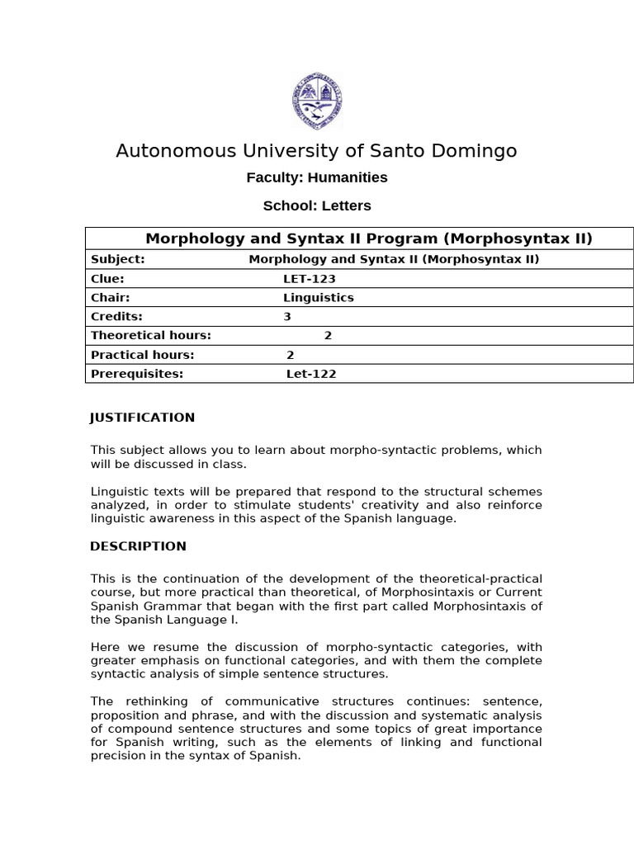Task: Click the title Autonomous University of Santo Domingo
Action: [316, 151]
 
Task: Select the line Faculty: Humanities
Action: [317, 177]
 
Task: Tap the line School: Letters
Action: [317, 205]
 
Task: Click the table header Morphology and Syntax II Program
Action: [369, 239]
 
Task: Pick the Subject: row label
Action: [117, 259]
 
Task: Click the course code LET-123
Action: [309, 279]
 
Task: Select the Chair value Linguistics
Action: [318, 298]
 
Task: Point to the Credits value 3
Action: [287, 317]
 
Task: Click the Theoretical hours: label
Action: [151, 336]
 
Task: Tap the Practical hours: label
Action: [142, 355]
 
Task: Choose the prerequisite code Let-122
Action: [311, 374]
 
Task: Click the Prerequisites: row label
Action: [137, 374]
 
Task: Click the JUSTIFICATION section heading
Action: [142, 418]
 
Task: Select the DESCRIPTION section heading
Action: [138, 546]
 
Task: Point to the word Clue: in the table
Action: [107, 279]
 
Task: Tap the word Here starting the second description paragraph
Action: [105, 648]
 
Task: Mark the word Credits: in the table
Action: [116, 317]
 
